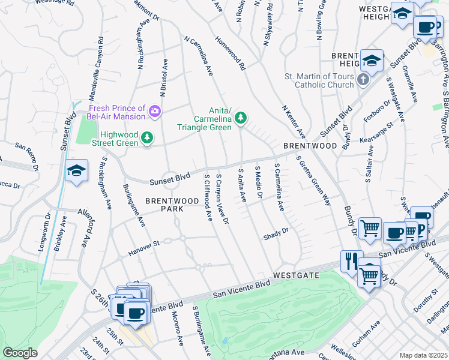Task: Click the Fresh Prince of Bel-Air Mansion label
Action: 116,112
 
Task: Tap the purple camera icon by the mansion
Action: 155,110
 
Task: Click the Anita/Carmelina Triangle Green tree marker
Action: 241,118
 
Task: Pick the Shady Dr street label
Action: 276,234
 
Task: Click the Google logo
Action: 20,353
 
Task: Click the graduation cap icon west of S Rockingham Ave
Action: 77,172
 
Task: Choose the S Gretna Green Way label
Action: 313,180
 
